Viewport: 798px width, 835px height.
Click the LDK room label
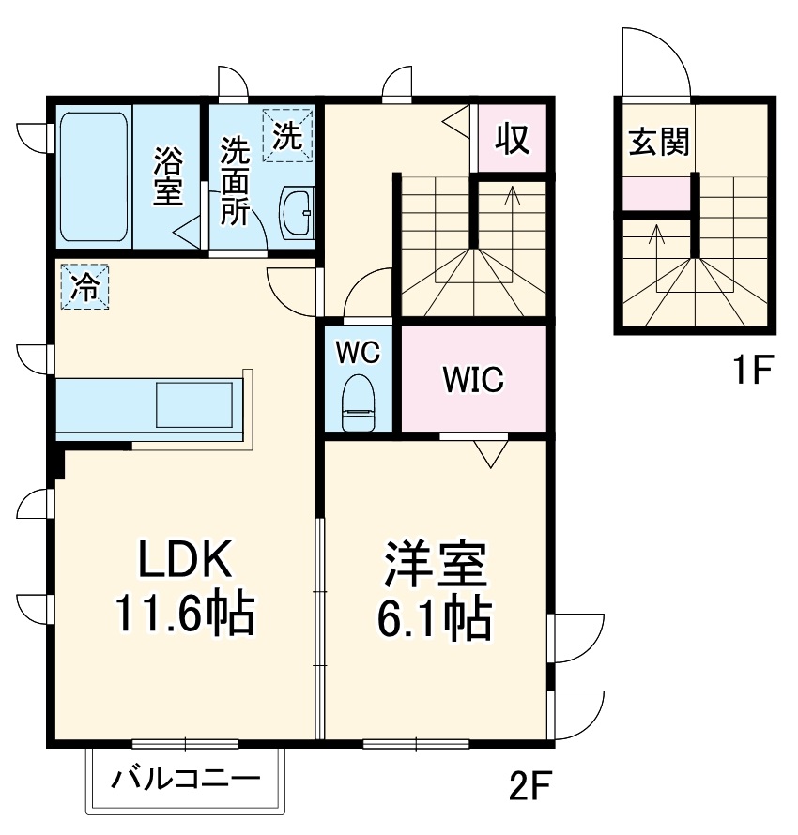pyautogui.click(x=184, y=561)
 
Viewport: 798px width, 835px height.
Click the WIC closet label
pyautogui.click(x=473, y=379)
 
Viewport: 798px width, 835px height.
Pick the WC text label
pyautogui.click(x=358, y=353)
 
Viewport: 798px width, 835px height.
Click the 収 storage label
pyautogui.click(x=513, y=139)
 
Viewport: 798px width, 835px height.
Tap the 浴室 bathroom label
pyautogui.click(x=169, y=175)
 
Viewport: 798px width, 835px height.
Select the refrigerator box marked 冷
pyautogui.click(x=84, y=286)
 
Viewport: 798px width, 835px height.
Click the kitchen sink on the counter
pyautogui.click(x=192, y=406)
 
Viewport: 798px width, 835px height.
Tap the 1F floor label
pyautogui.click(x=751, y=373)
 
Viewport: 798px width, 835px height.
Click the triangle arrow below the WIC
pyautogui.click(x=489, y=452)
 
